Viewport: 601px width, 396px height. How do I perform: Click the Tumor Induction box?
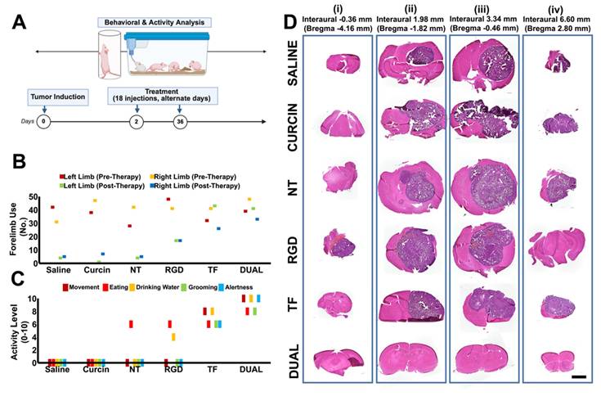point(58,97)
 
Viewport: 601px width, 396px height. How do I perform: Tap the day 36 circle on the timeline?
point(180,122)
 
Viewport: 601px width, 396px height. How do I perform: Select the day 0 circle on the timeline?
point(43,122)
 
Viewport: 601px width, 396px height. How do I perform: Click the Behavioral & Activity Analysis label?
point(154,22)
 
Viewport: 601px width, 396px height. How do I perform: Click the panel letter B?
point(19,161)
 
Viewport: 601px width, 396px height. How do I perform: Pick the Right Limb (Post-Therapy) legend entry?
point(195,186)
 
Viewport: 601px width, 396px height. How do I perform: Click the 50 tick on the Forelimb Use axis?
point(34,197)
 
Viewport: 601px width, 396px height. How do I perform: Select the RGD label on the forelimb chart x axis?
point(173,270)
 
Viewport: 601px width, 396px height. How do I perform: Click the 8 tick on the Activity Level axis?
point(34,312)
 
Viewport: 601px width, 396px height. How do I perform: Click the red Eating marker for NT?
point(131,324)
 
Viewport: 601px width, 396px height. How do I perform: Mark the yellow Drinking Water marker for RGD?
point(173,337)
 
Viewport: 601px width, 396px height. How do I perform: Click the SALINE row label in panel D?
point(293,63)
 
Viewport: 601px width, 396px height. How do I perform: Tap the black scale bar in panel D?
point(579,377)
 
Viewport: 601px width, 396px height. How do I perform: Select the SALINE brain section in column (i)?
point(343,63)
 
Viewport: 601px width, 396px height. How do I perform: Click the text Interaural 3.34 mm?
point(483,19)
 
